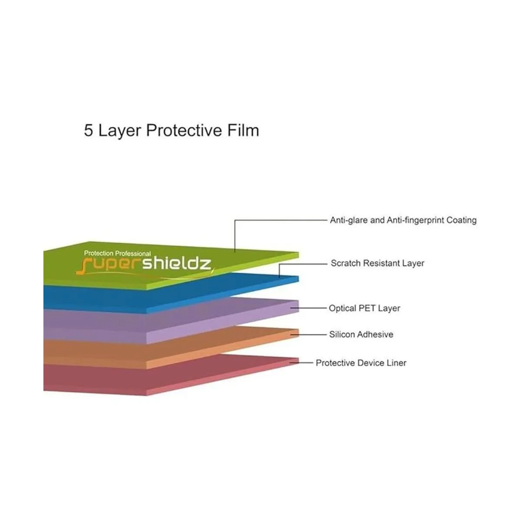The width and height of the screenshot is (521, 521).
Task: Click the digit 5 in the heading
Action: coord(89,130)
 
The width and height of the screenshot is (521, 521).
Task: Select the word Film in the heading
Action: coord(243,130)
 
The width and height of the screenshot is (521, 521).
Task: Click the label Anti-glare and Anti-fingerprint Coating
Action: coord(403,221)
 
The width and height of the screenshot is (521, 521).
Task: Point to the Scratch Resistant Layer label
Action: coord(377,263)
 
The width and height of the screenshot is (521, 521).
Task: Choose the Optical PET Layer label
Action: coord(364,308)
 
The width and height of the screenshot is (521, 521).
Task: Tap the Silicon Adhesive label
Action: coord(361,334)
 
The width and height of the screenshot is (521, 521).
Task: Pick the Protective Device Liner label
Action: coord(361,363)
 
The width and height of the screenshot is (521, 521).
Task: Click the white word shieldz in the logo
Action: coord(177,264)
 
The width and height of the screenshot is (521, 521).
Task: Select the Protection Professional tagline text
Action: coord(117,253)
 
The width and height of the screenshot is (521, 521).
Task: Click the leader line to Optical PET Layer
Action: coord(309,308)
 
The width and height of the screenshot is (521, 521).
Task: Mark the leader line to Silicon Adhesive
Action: coord(309,334)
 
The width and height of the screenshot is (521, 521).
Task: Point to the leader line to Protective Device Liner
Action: coord(301,363)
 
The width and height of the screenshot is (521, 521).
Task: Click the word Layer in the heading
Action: coord(120,131)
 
